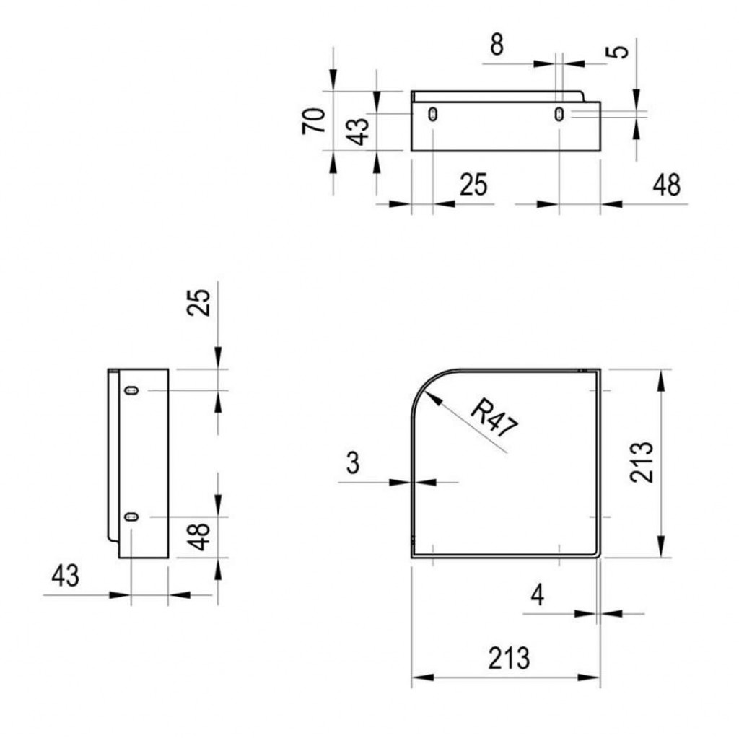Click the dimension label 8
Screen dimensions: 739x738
coord(497,45)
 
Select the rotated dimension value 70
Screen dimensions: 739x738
coord(314,121)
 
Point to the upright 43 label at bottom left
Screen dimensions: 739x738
coord(66,576)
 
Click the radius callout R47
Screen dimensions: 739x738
coord(494,418)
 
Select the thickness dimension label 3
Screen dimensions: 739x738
coord(353,462)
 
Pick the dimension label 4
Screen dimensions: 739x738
coord(538,594)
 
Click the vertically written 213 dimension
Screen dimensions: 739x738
coord(642,462)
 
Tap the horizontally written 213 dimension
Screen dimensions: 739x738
coord(509,658)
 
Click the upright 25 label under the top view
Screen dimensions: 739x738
coord(473,184)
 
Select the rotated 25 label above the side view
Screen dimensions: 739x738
coord(198,302)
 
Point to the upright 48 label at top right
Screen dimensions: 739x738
coord(667,185)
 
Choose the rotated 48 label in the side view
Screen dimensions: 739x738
coord(198,537)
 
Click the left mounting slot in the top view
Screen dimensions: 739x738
coord(433,114)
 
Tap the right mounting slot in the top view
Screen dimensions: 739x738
coord(559,114)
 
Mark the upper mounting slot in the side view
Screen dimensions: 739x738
coord(131,390)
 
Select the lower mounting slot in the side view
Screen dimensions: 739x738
coord(131,517)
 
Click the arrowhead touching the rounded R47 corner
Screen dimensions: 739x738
coord(433,399)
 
